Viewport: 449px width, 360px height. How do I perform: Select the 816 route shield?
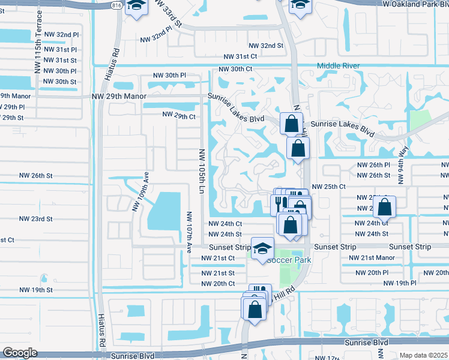coord(116,4)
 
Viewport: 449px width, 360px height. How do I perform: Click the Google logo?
coord(20,353)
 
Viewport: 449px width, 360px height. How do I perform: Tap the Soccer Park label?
coord(289,260)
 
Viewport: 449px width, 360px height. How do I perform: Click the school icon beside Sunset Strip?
coord(262,248)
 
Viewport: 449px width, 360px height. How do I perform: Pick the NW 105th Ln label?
coord(202,171)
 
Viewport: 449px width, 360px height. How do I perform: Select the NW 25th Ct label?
coord(329,187)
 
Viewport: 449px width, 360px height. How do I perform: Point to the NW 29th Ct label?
coord(179,116)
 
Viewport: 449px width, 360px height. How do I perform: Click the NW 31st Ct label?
coord(240,56)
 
